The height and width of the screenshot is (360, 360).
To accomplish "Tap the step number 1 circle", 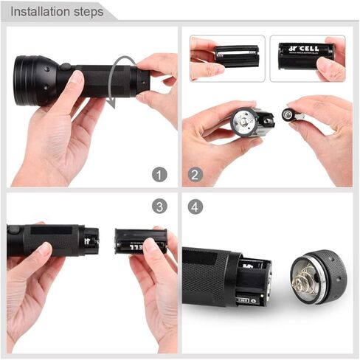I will point(159,175).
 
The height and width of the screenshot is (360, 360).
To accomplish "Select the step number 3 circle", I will point(159,206).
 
